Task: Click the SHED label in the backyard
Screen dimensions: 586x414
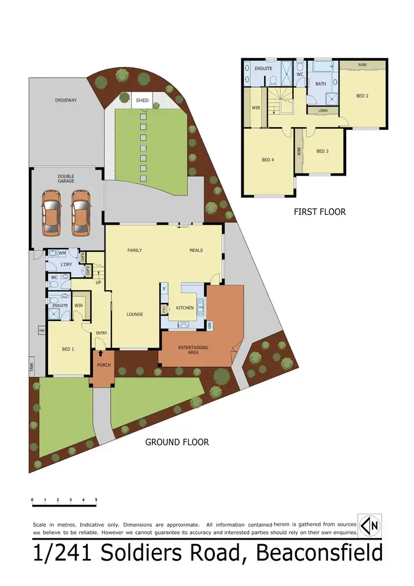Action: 142,101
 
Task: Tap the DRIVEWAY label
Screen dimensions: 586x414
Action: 66,101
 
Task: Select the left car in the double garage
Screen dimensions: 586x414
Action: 51,211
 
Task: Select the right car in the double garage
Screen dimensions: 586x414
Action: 81,211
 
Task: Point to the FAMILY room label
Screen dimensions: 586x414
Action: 135,250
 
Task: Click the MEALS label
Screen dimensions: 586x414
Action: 196,250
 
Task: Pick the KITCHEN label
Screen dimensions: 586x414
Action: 184,308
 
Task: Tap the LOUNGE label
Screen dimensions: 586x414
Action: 135,314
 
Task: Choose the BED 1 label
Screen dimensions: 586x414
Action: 68,349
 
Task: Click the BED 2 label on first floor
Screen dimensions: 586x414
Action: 362,96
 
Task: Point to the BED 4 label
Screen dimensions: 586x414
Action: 268,160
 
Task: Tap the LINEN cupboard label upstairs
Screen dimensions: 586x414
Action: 323,110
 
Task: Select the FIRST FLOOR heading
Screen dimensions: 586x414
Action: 320,212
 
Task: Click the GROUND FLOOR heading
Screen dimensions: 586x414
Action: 177,442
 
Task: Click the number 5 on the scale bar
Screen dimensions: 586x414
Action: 96,499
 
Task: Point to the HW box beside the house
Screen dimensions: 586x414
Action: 41,331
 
